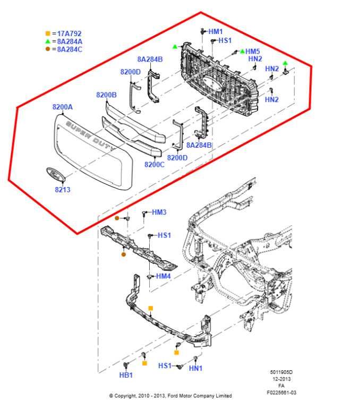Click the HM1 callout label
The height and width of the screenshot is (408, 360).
216,32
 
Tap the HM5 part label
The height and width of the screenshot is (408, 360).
253,52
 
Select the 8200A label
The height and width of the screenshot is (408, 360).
62,107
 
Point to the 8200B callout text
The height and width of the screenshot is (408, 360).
106,95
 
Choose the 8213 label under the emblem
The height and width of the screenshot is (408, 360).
62,189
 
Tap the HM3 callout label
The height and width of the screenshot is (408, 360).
159,212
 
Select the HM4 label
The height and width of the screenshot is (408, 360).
163,276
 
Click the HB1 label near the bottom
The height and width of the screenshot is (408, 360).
126,375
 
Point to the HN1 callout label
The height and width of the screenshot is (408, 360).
196,368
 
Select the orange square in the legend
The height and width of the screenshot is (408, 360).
48,33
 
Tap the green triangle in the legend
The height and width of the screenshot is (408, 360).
48,41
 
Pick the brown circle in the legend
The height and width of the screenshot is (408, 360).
48,49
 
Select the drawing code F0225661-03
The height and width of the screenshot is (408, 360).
281,393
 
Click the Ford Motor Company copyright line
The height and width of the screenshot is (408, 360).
170,396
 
